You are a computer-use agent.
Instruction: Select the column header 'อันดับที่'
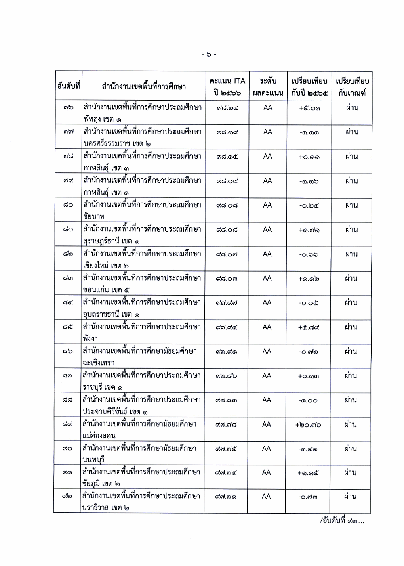pyautogui.click(x=68, y=86)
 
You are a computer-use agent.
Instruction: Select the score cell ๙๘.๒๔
pyautogui.click(x=227, y=108)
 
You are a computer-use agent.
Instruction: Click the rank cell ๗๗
pyautogui.click(x=68, y=132)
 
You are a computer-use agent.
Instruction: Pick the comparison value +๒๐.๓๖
pyautogui.click(x=308, y=425)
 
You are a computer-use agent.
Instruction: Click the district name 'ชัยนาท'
pyautogui.click(x=94, y=217)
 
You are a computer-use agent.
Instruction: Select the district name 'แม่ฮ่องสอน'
pyautogui.click(x=99, y=436)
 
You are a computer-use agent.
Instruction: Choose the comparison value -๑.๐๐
pyautogui.click(x=308, y=401)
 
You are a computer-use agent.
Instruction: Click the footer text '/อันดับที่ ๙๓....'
pyautogui.click(x=342, y=521)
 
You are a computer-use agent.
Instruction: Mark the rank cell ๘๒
pyautogui.click(x=68, y=254)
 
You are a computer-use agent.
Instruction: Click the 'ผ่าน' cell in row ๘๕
pyautogui.click(x=351, y=327)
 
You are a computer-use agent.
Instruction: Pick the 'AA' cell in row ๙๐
pyautogui.click(x=267, y=449)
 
